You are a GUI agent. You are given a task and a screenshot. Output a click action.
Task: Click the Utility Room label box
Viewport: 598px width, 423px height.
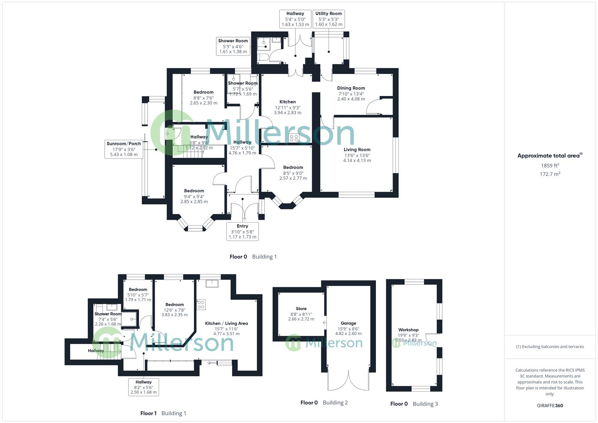coord(329,19)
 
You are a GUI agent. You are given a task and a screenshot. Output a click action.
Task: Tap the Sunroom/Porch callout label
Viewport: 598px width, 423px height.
coord(124,149)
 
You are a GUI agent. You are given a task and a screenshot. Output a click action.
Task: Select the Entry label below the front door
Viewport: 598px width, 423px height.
coord(242,231)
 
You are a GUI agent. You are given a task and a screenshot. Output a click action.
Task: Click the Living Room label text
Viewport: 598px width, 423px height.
coord(357,155)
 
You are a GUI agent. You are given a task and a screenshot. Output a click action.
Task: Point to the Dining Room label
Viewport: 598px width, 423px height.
coord(351,94)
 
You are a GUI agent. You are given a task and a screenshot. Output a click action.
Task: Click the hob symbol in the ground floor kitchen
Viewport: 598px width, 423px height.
coord(294,138)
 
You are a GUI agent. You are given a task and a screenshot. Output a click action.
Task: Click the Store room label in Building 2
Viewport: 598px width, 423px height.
coord(301,314)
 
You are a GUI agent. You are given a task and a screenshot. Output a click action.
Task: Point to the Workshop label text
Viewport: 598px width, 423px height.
coord(408,335)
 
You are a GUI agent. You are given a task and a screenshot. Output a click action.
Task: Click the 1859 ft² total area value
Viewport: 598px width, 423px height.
coord(550,166)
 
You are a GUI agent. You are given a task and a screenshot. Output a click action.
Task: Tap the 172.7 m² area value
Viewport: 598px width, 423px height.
coord(550,174)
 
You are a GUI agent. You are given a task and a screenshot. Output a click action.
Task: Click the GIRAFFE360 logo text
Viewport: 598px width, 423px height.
coord(550,405)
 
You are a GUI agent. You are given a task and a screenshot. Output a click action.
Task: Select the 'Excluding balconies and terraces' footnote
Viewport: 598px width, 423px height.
coord(550,347)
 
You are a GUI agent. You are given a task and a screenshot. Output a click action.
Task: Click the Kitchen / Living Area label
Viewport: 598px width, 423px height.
coord(226,328)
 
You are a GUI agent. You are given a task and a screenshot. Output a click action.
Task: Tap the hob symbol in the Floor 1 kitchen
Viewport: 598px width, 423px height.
coord(201,305)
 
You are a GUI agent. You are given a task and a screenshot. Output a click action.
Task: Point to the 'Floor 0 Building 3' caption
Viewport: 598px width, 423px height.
coord(414,404)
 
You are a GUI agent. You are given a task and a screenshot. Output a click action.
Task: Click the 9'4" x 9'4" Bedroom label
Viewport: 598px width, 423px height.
coord(194,196)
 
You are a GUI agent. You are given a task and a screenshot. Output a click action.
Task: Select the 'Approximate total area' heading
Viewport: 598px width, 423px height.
coord(549,155)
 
